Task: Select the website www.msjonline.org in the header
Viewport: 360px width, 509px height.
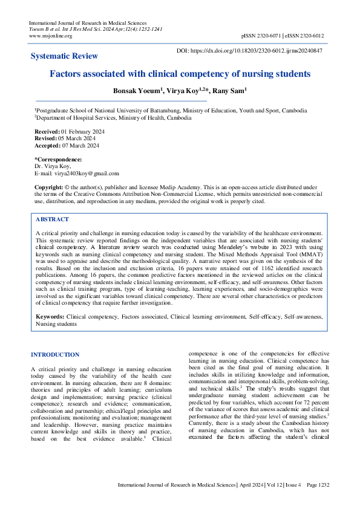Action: [x=50, y=36]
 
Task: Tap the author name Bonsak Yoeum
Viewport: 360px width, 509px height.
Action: [x=137, y=91]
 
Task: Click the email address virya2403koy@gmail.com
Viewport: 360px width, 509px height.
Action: [x=85, y=172]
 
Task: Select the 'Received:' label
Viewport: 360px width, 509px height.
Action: [x=47, y=132]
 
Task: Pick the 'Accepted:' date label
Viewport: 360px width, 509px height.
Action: [x=47, y=145]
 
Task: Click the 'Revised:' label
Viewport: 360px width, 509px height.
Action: [x=46, y=138]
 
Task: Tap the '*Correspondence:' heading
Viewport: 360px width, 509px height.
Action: [x=57, y=159]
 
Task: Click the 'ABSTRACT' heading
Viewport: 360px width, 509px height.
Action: [x=52, y=219]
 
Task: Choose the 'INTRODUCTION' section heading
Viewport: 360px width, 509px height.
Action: [x=54, y=355]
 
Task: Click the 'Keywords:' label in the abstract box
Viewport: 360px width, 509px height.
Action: [x=50, y=316]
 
